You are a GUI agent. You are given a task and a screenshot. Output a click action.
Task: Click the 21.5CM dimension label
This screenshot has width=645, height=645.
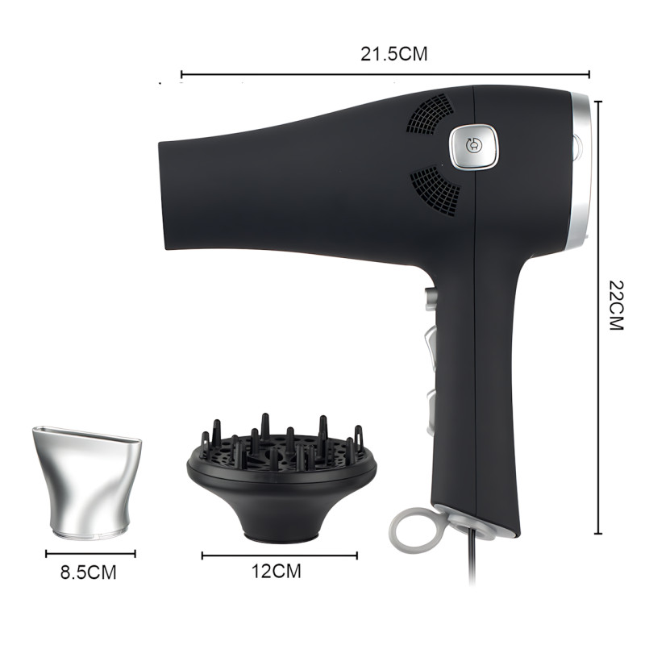pos(394,54)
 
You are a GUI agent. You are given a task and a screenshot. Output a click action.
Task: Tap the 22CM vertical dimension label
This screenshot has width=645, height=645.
pos(616,306)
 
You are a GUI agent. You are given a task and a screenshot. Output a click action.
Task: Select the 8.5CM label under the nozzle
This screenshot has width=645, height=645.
pos(89,572)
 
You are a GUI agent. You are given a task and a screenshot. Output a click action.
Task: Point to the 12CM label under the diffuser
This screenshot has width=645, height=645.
pos(277,571)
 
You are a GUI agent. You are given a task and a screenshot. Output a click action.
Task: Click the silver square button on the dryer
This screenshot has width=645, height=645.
pos(473,147)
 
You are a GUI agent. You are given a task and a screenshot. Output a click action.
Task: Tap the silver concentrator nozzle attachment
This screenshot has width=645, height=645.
pos(87,482)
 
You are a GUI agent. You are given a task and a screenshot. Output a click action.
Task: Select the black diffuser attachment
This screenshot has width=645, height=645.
pos(281,477)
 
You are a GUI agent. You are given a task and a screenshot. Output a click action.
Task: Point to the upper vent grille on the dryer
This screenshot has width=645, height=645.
pos(431,113)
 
